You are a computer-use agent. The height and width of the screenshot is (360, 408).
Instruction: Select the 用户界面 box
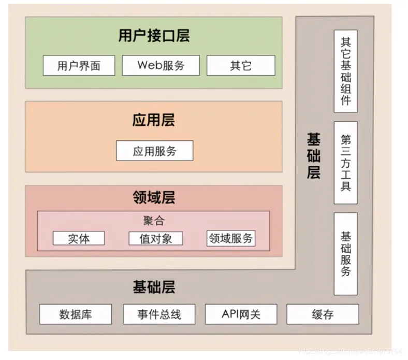(79, 66)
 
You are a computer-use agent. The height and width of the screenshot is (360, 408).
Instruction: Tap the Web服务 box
(161, 65)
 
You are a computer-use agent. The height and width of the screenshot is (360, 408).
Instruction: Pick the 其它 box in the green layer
(241, 66)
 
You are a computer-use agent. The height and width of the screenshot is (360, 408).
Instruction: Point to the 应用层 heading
(154, 120)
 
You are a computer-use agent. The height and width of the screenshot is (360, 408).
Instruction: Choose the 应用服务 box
(154, 151)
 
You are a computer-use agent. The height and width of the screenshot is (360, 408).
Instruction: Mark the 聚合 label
(154, 221)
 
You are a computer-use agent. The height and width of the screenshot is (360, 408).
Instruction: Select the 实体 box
(79, 238)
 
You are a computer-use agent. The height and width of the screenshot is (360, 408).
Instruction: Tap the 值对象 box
(155, 238)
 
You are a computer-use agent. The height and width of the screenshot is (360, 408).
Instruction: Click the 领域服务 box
(231, 238)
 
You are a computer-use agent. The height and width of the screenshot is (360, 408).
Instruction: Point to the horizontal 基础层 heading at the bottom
(154, 286)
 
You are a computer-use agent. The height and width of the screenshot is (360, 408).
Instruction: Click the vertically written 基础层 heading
(314, 155)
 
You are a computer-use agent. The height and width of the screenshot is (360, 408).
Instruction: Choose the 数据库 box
(76, 314)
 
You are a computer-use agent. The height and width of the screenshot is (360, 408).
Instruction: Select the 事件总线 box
(159, 314)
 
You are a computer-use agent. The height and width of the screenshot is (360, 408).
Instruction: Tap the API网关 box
(241, 314)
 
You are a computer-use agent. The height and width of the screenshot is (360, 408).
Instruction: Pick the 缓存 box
(323, 314)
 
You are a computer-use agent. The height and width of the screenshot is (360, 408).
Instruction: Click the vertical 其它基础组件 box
(345, 70)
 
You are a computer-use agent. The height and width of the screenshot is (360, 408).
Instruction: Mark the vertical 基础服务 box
(345, 253)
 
